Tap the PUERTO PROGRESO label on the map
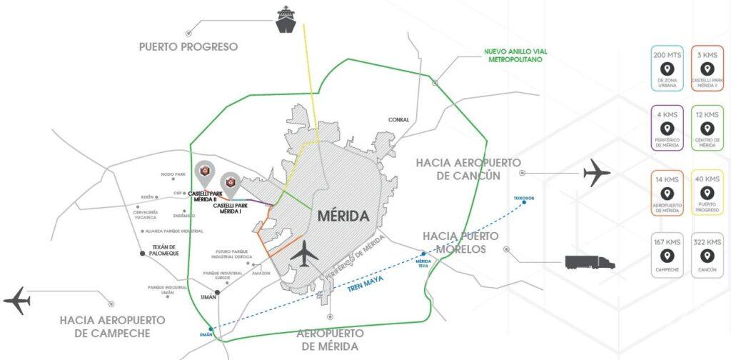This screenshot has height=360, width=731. pos(188,47)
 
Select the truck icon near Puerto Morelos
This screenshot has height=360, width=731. pos(590,261)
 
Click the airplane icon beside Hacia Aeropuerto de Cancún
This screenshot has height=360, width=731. pos(598,173)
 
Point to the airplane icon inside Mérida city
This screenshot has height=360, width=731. pos(306,252)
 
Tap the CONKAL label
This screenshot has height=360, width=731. pos(399,120)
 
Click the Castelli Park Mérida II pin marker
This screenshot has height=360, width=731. pos(205,172)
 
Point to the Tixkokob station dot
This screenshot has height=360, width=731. pos(524,202)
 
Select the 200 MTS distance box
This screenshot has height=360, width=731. pos(667,69)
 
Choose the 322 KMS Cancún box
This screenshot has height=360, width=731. pos(707,256)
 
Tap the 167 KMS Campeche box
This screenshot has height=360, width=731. pos(667,256)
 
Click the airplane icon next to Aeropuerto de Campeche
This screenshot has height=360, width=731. pos(17,301)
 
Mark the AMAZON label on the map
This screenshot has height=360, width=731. pos(261,274)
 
